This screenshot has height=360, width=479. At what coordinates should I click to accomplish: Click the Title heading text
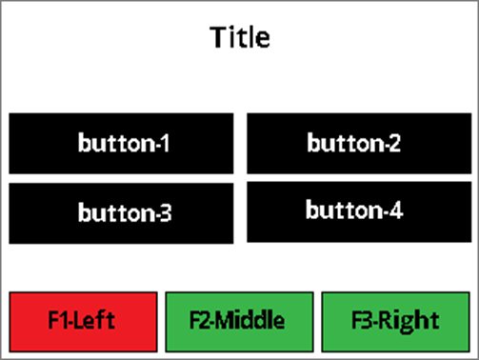click(240, 37)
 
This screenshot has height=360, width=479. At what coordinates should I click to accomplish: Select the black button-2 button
click(359, 144)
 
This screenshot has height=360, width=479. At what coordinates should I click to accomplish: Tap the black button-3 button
click(121, 213)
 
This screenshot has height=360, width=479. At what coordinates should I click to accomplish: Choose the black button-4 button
click(359, 211)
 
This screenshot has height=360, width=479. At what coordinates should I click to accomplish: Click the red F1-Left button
click(83, 322)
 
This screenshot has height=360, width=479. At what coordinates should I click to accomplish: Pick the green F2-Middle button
click(239, 322)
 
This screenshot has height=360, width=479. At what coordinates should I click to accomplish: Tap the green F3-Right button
click(395, 322)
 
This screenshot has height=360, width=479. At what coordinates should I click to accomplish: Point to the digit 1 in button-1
click(165, 144)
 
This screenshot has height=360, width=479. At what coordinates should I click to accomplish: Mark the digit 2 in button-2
click(394, 144)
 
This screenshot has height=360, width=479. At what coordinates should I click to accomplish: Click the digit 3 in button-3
click(165, 213)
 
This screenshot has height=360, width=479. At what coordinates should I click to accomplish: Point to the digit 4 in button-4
click(396, 210)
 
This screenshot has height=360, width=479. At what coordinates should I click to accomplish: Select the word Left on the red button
click(95, 320)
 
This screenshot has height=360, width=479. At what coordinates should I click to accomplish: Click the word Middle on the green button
click(251, 320)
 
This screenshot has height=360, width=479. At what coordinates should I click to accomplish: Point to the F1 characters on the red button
click(59, 320)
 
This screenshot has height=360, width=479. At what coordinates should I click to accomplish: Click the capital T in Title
click(218, 37)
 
